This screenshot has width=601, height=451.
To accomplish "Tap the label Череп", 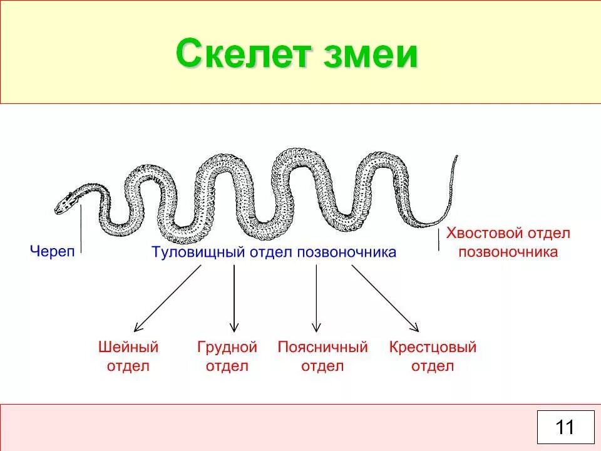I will click(x=52, y=252).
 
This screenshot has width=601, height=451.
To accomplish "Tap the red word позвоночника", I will click(x=508, y=252).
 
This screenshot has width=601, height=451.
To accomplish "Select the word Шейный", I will click(x=128, y=347).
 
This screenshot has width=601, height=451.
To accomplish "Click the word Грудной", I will click(x=227, y=347).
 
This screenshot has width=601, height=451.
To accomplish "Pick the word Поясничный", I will click(x=322, y=347).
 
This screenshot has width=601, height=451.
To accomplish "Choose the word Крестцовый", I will click(x=433, y=347).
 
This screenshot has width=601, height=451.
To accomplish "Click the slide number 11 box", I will click(x=565, y=427).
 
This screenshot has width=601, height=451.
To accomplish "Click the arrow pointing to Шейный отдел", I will click(x=167, y=298).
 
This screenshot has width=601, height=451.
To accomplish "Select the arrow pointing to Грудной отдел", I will click(x=234, y=298).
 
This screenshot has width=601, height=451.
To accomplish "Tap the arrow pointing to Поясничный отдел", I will click(x=316, y=298).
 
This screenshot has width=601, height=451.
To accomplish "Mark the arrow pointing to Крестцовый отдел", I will click(x=385, y=298).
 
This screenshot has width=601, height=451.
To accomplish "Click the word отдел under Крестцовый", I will click(x=433, y=366).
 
